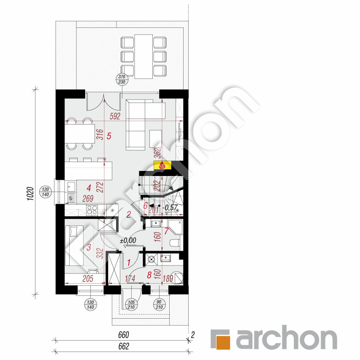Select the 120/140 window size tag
(46, 192)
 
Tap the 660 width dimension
(123, 336)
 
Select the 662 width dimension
(123, 346)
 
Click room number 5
(109, 136)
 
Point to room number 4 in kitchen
(89, 187)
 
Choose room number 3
(89, 248)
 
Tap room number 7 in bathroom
(166, 231)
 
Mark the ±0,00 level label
(128, 241)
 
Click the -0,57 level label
(170, 207)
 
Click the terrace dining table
(143, 56)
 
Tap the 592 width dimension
(115, 116)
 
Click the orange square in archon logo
(221, 339)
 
